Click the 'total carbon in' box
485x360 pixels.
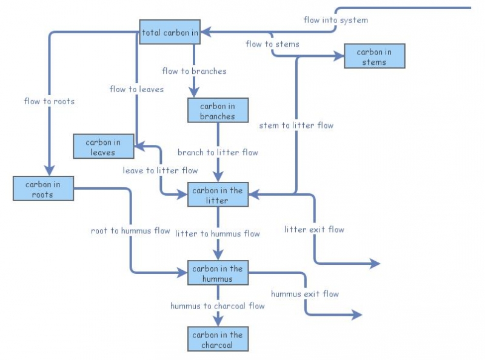[170, 32]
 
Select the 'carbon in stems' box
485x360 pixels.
[374, 56]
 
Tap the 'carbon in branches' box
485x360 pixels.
[218, 111]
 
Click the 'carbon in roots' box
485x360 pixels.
[43, 188]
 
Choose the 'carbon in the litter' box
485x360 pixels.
[218, 195]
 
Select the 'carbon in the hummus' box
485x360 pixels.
[218, 273]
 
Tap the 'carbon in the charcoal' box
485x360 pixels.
[218, 339]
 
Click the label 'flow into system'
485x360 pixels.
[335, 20]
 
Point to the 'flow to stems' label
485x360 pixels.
[272, 44]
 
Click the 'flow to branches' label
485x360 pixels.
[195, 72]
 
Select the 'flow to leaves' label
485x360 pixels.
[136, 90]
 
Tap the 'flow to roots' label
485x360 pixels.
[49, 101]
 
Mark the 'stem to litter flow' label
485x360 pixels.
[296, 125]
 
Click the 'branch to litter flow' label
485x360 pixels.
[218, 153]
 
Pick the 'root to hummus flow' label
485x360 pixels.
[130, 231]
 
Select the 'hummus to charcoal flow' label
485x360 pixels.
[218, 306]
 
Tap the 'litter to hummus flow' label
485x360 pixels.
[218, 234]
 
